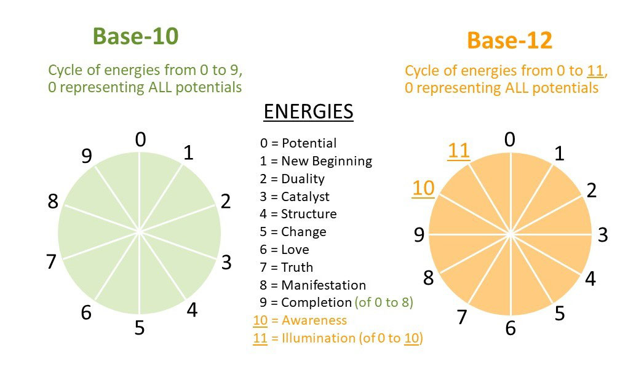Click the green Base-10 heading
pyautogui.click(x=135, y=36)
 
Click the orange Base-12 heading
pyautogui.click(x=509, y=41)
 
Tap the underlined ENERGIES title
pyautogui.click(x=308, y=112)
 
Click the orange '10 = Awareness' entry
pyautogui.click(x=300, y=320)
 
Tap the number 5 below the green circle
pyautogui.click(x=140, y=328)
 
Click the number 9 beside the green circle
pyautogui.click(x=87, y=157)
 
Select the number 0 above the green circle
pyautogui.click(x=141, y=140)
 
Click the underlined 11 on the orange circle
pyautogui.click(x=459, y=151)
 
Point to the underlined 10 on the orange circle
pyautogui.click(x=423, y=188)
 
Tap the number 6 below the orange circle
pyautogui.click(x=510, y=328)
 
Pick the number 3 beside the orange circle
pyautogui.click(x=603, y=235)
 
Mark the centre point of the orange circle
pyautogui.click(x=511, y=234)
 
